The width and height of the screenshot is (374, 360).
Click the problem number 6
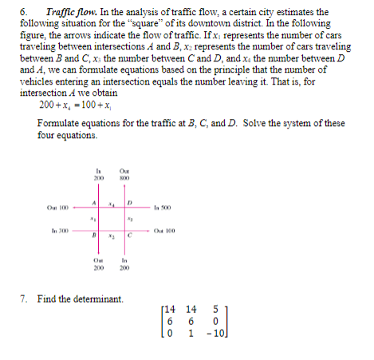point(23,12)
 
